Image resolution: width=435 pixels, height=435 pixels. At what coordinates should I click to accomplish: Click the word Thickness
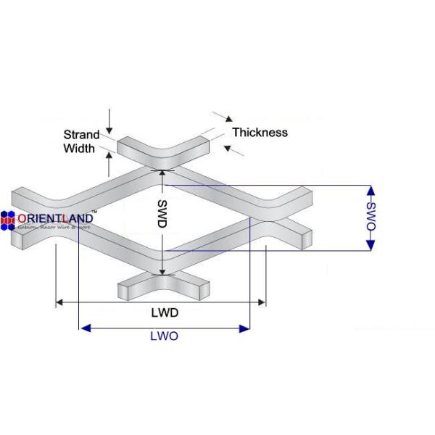coord(260,132)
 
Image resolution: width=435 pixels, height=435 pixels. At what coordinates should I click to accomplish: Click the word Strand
coord(82,135)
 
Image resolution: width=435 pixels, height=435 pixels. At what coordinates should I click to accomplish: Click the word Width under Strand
coord(80,149)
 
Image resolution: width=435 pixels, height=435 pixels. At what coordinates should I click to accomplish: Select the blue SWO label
coord(371,218)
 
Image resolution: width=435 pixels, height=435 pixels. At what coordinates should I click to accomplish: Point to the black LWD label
coord(165,312)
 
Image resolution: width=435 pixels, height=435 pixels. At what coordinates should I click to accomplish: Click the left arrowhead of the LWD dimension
coord(59,302)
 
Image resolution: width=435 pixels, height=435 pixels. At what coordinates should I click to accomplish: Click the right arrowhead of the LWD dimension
coord(262,302)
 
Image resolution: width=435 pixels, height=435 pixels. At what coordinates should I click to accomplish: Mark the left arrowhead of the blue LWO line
coord(84,328)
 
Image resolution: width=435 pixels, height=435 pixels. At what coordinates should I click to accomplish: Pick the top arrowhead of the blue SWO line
coord(371,191)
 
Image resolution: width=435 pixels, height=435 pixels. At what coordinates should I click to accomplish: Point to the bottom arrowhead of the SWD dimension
coord(163,273)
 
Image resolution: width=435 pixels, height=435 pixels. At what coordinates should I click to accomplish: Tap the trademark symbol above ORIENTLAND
coord(94,210)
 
